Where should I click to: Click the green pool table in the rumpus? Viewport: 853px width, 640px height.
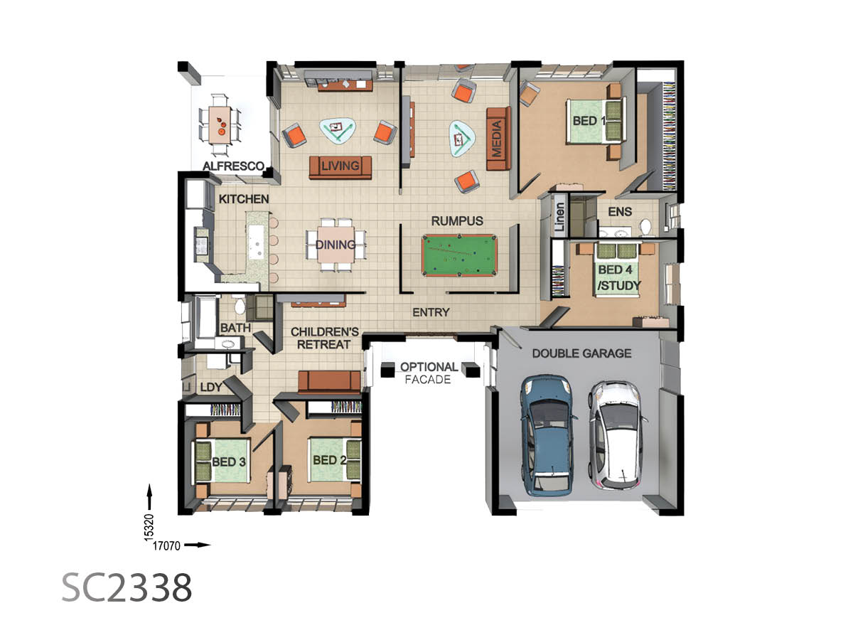(x=458, y=255)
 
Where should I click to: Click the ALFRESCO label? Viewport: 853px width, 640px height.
(x=233, y=166)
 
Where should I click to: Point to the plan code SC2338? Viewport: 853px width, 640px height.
(x=127, y=587)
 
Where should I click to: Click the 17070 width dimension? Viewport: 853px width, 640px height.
(x=166, y=545)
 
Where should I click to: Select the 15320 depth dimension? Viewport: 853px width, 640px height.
(x=149, y=528)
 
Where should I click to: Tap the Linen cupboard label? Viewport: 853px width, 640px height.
(x=559, y=217)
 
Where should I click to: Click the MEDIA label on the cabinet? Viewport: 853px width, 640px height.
(x=496, y=139)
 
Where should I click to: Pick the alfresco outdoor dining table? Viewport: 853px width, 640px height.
(x=220, y=125)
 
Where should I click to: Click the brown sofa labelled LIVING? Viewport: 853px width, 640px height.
(x=340, y=167)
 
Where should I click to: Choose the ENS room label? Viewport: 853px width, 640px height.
(x=619, y=212)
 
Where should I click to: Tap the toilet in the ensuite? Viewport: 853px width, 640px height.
(x=645, y=228)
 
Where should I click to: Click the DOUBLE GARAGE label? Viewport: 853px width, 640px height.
(x=581, y=353)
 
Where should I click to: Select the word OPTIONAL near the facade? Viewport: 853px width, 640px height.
(x=429, y=367)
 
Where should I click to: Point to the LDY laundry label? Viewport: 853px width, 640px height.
(x=211, y=387)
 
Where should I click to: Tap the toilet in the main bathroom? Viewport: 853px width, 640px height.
(x=240, y=306)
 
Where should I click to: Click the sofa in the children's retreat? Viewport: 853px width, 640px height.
(x=329, y=381)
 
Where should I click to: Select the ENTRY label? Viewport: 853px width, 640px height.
(x=431, y=312)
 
